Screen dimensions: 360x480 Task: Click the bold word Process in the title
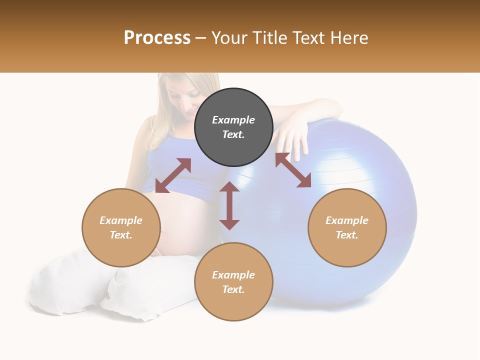tap(157, 38)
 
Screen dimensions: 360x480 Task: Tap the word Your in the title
tap(229, 38)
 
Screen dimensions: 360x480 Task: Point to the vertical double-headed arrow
tap(229, 205)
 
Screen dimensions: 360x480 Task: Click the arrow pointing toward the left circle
tap(173, 175)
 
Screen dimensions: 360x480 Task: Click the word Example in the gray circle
tap(233, 120)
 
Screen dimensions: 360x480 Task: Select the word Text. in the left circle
tap(121, 235)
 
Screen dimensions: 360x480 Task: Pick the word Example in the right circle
tap(347, 220)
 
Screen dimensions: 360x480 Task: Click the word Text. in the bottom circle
tap(233, 289)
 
